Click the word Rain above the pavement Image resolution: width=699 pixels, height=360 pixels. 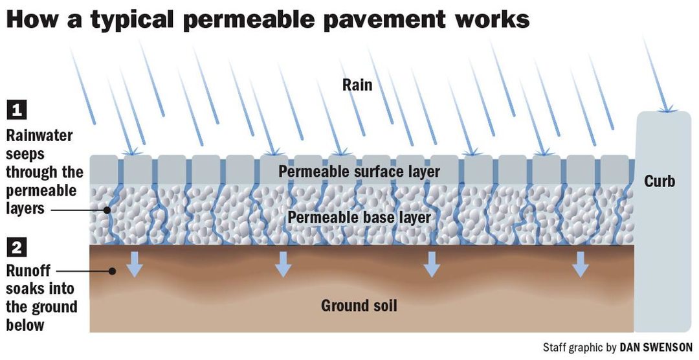(x=357, y=84)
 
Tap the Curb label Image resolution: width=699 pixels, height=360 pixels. (x=660, y=181)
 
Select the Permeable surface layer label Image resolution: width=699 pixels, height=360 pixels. (x=359, y=172)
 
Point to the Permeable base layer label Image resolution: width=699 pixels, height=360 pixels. (x=359, y=217)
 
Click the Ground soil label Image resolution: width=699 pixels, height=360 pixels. (x=359, y=305)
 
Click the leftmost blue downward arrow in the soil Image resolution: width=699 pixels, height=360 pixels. (x=134, y=263)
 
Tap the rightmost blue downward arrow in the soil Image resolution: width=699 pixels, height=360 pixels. (x=581, y=263)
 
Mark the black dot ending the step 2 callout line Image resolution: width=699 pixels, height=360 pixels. (x=113, y=271)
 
